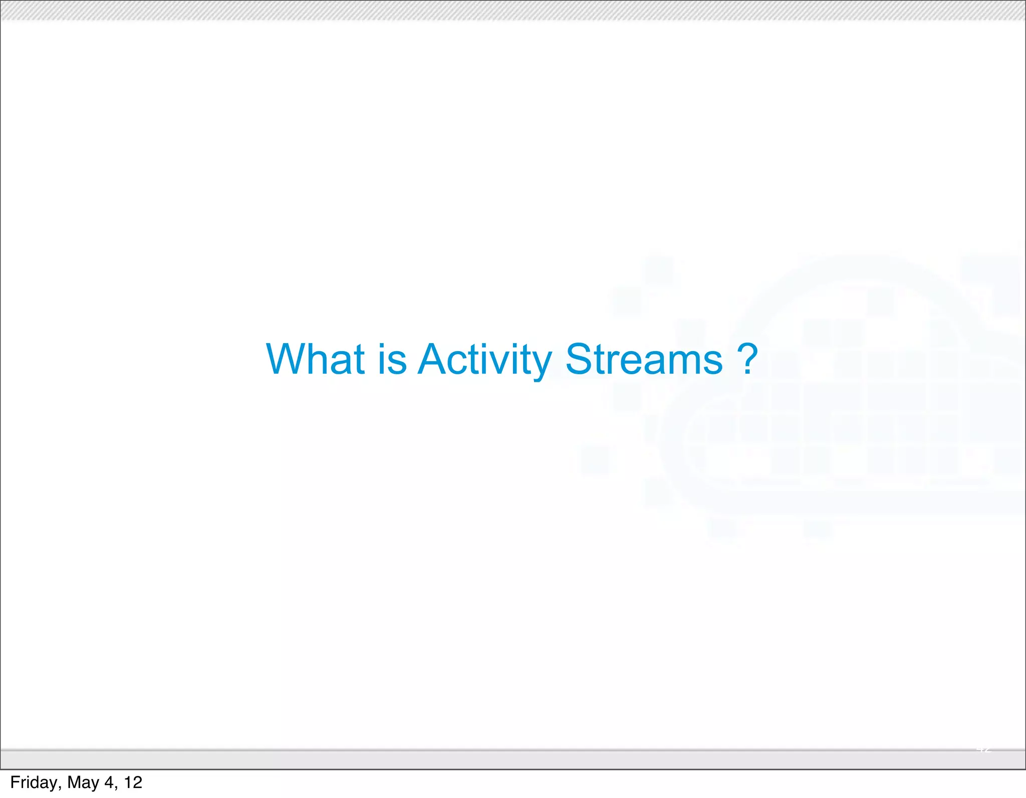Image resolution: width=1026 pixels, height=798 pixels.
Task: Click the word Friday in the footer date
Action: pyautogui.click(x=33, y=782)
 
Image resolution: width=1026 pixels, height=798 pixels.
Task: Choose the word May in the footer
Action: pyautogui.click(x=83, y=782)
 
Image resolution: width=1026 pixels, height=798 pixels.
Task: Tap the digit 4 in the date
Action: pyautogui.click(x=109, y=782)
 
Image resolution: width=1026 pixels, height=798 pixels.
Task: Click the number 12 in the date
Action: pyautogui.click(x=133, y=782)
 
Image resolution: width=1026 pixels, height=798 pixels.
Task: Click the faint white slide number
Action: pyautogui.click(x=983, y=749)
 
